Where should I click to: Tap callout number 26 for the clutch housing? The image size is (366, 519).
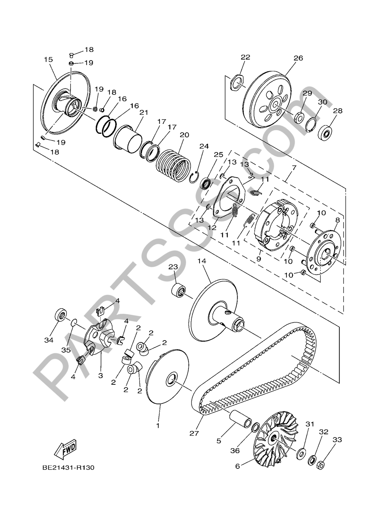(298, 58)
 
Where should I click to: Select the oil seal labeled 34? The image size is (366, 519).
(61, 315)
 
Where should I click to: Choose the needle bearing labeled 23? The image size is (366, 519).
(178, 288)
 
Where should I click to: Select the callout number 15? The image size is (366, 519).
(48, 60)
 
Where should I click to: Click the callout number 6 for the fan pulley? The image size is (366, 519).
(237, 466)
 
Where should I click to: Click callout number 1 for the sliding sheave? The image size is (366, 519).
(158, 426)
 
